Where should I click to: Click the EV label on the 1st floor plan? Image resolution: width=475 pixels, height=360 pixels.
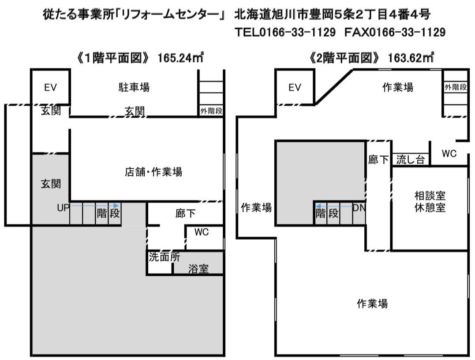(50, 88)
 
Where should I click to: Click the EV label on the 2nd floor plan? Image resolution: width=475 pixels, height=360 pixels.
(295, 88)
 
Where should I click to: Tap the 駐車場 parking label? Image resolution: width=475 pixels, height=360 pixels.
(134, 87)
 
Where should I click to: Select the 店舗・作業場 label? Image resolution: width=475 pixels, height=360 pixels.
(153, 172)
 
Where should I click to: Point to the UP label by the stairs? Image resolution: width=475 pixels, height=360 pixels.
(64, 208)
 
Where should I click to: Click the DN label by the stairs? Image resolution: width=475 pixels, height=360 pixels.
(359, 208)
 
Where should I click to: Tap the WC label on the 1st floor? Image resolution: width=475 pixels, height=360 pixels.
(202, 232)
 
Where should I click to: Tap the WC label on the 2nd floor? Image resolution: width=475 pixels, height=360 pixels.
(449, 153)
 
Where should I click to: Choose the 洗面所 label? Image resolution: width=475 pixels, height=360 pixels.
(165, 257)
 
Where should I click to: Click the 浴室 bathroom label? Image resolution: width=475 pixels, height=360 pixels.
(199, 268)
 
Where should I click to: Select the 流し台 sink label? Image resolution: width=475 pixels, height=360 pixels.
(411, 160)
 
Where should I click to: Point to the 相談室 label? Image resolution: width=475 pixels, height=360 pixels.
(430, 196)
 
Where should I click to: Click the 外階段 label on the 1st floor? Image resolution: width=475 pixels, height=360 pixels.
(211, 111)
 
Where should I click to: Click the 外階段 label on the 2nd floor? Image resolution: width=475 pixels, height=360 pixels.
(456, 87)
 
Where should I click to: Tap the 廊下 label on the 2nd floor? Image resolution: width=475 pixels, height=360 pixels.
(378, 160)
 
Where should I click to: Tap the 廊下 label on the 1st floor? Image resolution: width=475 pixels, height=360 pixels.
(185, 213)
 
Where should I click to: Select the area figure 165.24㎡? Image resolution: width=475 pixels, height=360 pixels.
(180, 58)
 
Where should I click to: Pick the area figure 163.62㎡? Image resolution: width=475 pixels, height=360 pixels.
(411, 58)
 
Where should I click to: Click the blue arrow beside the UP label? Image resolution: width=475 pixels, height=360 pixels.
(94, 206)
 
